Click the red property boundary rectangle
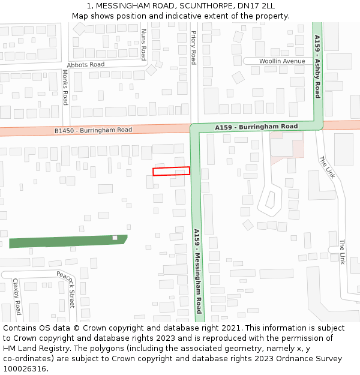tap(171, 171)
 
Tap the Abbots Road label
tap(86, 64)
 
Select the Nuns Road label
tap(143, 45)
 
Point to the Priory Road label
tap(193, 48)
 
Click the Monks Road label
tap(65, 87)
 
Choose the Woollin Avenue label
tap(282, 61)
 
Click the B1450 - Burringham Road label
tap(93, 130)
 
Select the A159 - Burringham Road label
tap(256, 127)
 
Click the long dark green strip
tap(66, 241)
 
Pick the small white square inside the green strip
tap(115, 238)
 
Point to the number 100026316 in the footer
tap(25, 369)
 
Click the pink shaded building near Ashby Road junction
tap(285, 147)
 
